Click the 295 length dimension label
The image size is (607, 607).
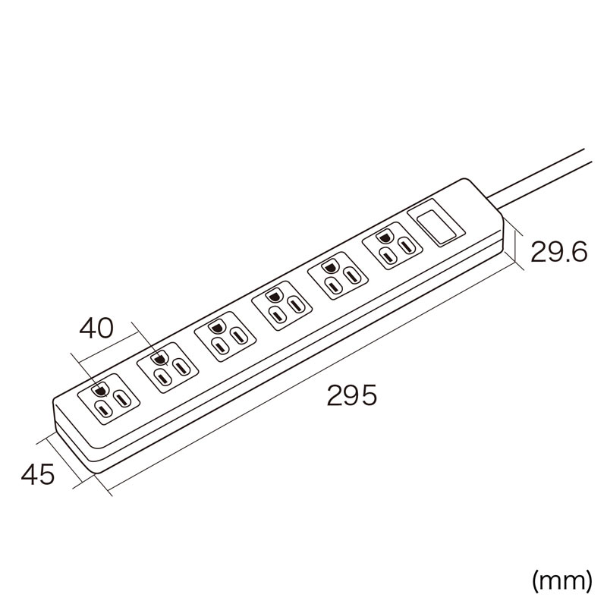pyautogui.click(x=351, y=395)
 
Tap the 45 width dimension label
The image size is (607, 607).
pyautogui.click(x=38, y=475)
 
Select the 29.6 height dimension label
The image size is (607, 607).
pyautogui.click(x=559, y=252)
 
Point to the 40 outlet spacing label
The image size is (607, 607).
pyautogui.click(x=96, y=329)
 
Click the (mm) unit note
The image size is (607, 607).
pyautogui.click(x=562, y=581)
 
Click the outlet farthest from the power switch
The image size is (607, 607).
pyautogui.click(x=109, y=399)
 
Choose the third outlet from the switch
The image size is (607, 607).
pyautogui.click(x=281, y=306)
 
